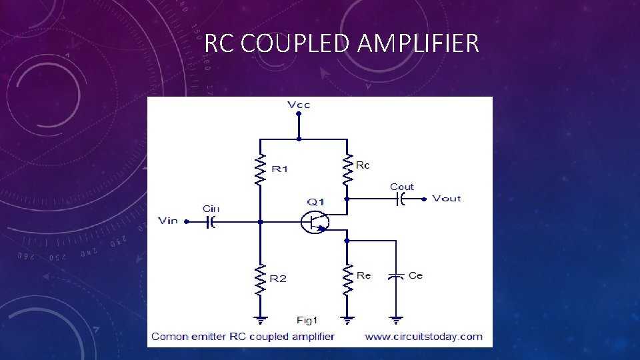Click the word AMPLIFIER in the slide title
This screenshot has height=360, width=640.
(x=418, y=43)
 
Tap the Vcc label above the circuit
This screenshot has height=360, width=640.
(x=299, y=105)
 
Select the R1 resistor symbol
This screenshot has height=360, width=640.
(x=260, y=169)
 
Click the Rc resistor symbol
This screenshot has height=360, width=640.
(x=347, y=169)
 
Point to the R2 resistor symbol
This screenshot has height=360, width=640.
(x=260, y=280)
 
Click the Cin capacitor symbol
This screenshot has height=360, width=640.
(x=210, y=221)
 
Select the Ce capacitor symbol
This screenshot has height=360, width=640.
(x=397, y=275)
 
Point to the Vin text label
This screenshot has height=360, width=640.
(x=168, y=221)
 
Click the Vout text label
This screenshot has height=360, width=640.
(x=446, y=198)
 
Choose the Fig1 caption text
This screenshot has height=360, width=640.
(x=308, y=320)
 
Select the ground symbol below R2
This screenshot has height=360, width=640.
(x=260, y=320)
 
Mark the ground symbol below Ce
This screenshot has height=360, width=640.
(x=397, y=320)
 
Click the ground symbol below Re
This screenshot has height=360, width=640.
(x=347, y=320)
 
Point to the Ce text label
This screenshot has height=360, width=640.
(x=415, y=275)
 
